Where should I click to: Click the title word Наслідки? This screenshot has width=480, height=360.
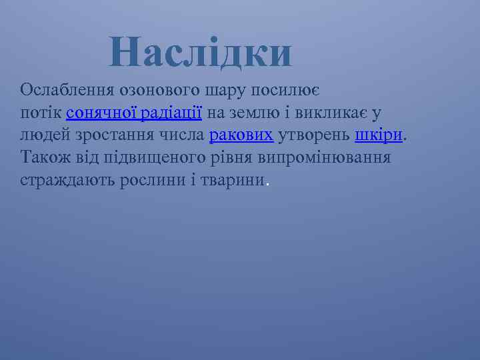click(x=201, y=53)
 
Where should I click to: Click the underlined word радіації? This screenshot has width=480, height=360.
click(x=172, y=113)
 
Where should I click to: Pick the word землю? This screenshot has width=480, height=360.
click(x=252, y=113)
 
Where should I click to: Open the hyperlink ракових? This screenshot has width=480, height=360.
click(x=241, y=136)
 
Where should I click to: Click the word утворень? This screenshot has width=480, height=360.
click(x=313, y=136)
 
